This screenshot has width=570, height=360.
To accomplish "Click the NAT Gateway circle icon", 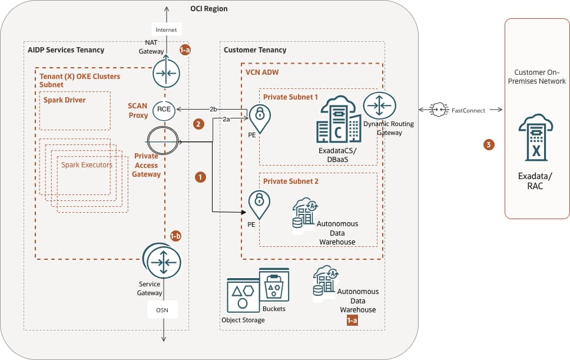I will [165, 73].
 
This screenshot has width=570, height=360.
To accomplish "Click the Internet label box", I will [166, 29].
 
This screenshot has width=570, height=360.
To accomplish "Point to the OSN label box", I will [163, 310].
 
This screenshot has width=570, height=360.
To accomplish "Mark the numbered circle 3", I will [488, 144].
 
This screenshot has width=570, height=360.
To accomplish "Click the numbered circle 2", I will [199, 124].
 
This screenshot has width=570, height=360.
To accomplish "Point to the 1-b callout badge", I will [175, 236].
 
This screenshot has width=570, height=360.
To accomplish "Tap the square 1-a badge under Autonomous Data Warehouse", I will [352, 321].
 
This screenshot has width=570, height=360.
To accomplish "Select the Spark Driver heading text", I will [65, 100].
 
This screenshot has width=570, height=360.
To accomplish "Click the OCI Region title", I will [209, 9].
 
